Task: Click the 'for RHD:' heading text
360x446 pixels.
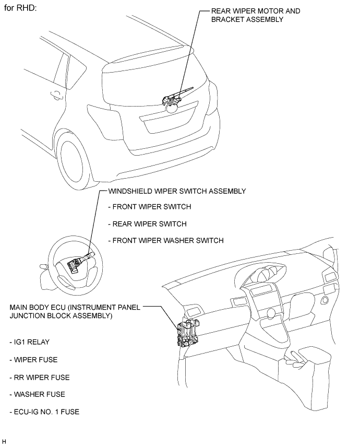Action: (x=21, y=9)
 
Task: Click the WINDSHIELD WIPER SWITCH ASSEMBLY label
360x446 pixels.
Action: (x=176, y=191)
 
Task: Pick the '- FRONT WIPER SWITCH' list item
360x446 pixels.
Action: (x=149, y=207)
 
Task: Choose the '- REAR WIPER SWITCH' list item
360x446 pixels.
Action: (x=147, y=224)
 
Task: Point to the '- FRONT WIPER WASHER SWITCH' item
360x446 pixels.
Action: (x=165, y=240)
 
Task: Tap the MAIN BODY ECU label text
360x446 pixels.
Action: (x=75, y=311)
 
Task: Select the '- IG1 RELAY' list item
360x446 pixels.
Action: (x=30, y=343)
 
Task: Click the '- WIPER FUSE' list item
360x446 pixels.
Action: (x=33, y=360)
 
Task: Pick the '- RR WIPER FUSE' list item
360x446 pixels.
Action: (x=39, y=377)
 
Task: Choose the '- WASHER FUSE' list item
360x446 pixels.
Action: (x=37, y=394)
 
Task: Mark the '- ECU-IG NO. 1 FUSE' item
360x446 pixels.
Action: (x=44, y=412)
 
